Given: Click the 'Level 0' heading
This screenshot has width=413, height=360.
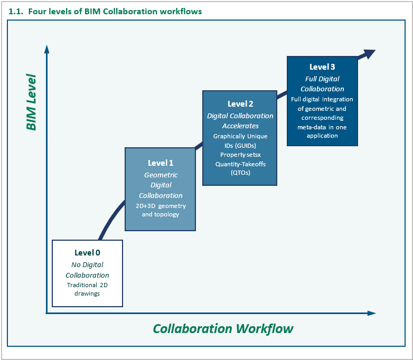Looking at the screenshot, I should pos(87,252).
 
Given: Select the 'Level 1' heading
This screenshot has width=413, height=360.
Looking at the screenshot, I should pos(160,163).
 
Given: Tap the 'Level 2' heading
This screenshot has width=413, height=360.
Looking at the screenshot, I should pos(240,104).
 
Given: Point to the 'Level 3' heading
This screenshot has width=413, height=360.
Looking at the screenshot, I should pos(322,67).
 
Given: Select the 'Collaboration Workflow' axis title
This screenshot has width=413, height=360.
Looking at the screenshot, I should pos(223,329).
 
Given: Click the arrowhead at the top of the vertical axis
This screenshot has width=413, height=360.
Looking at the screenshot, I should pos(47,49).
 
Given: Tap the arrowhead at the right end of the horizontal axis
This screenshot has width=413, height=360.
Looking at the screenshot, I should pos(372,313).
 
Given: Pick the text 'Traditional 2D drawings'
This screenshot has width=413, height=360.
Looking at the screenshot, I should pos(87,289).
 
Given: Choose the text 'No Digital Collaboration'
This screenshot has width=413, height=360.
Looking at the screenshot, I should pos(87,270).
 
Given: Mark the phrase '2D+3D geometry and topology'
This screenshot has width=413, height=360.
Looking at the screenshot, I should pos(160,210).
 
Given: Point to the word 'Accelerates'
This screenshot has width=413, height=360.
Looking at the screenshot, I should pos(240,126).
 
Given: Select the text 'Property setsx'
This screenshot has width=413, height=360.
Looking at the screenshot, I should pos(240,155).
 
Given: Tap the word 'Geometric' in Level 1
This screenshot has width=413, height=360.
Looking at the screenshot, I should pos(161,175).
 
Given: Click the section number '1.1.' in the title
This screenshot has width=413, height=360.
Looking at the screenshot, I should pos(16,11).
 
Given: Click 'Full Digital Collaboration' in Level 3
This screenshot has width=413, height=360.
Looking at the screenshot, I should pos(322,83).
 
